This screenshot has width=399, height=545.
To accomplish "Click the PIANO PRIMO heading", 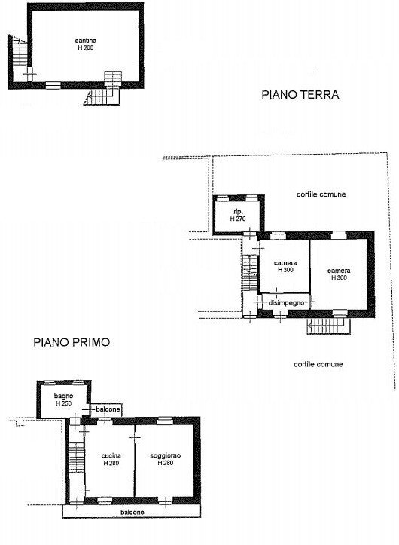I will [x=72, y=341].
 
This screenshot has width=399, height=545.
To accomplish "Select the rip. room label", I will [x=236, y=211].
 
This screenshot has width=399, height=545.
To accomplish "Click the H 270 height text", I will [x=236, y=219].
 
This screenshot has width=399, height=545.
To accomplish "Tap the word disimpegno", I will [x=285, y=302].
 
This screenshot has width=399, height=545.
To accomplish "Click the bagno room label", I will [x=63, y=395].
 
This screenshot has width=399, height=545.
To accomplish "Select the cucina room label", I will [x=111, y=455].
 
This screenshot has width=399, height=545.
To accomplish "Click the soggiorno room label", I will [x=166, y=455].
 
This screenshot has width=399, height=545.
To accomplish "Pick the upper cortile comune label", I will [x=321, y=194].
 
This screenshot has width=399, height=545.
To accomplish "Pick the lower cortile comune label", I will [x=318, y=364].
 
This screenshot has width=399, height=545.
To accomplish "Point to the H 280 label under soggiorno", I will [x=166, y=464].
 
